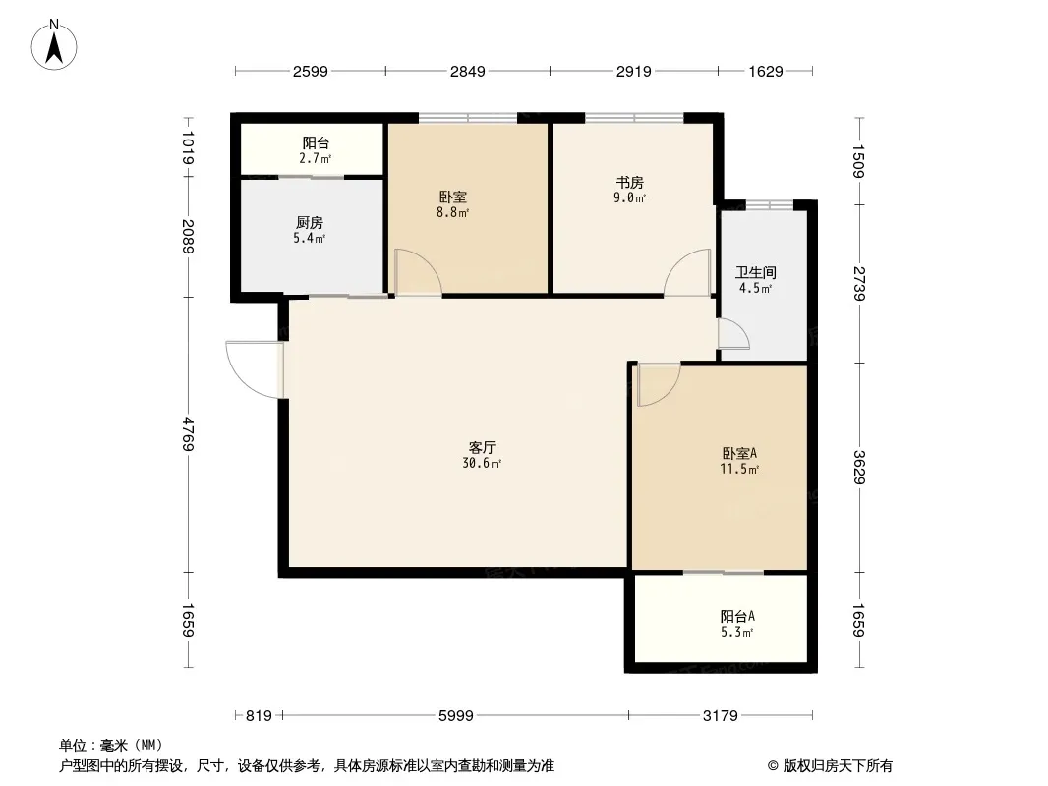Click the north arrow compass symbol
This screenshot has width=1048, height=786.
(54, 45)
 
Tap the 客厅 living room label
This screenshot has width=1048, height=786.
(482, 447)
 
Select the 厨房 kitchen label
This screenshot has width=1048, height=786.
(310, 222)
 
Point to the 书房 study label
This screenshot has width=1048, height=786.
(629, 183)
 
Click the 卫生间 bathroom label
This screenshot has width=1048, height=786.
(756, 272)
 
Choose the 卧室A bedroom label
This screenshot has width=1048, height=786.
(739, 454)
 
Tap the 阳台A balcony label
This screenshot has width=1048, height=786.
(738, 616)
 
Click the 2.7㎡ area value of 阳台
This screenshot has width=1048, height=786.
(315, 159)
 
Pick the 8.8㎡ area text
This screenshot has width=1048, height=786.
(452, 212)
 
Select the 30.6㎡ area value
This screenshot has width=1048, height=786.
(482, 463)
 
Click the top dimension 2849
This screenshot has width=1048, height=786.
(467, 71)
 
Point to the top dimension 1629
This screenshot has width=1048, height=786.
(765, 71)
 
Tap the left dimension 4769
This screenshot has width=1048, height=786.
(188, 434)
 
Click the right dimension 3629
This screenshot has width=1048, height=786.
(860, 468)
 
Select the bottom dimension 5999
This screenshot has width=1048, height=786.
(456, 716)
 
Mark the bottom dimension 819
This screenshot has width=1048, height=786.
(259, 716)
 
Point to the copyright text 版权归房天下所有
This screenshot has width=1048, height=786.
(839, 766)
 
